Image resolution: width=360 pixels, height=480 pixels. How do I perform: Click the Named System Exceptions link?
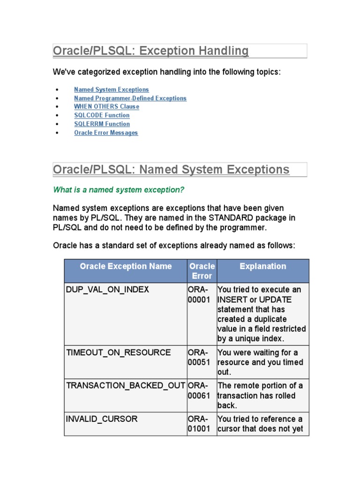(111, 90)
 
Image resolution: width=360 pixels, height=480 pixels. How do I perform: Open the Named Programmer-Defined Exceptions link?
(130, 98)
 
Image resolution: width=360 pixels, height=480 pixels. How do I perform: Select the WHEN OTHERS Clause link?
(106, 106)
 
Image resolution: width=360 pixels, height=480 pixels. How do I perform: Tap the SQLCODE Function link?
(102, 115)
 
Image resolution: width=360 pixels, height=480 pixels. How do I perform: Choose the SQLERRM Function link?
(102, 124)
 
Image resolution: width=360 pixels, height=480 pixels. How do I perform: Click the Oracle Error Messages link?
(106, 133)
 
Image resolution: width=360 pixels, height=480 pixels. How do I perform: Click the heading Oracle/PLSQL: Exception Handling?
(150, 51)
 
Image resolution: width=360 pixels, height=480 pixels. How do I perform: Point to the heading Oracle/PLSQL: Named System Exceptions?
(171, 170)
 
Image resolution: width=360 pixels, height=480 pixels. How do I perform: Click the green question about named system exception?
(119, 190)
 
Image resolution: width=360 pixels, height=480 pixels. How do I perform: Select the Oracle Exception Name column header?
(126, 266)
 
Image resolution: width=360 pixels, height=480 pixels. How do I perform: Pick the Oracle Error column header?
(202, 271)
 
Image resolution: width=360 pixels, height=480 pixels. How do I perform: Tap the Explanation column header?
(262, 266)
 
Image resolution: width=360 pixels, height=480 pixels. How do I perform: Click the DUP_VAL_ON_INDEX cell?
(107, 290)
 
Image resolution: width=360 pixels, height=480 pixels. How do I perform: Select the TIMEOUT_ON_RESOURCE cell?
(118, 352)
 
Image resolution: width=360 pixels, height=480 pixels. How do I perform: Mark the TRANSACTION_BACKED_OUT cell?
(126, 385)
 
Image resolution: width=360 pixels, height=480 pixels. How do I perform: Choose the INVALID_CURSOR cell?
(102, 419)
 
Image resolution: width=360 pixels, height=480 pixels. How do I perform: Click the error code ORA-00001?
(199, 295)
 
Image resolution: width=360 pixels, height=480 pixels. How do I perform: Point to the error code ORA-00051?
(199, 358)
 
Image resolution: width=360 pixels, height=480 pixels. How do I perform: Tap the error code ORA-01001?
(199, 424)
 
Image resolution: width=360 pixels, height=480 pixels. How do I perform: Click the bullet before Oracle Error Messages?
(57, 133)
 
